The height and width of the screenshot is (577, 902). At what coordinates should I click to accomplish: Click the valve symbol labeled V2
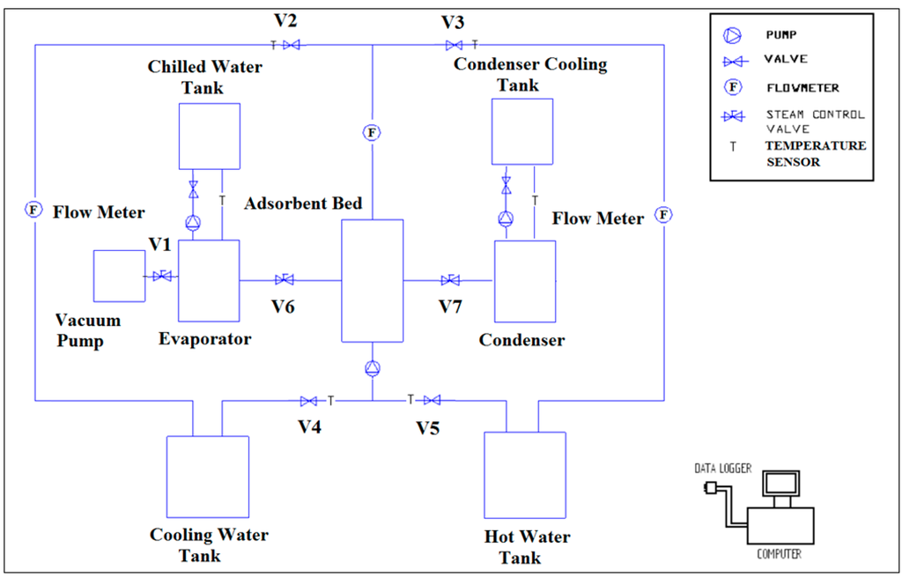(x=291, y=45)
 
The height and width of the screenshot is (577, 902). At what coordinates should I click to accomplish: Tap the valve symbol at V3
(x=454, y=45)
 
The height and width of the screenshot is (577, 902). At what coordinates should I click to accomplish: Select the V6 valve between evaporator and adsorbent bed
(x=285, y=280)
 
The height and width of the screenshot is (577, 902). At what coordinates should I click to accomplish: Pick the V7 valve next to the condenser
(x=450, y=280)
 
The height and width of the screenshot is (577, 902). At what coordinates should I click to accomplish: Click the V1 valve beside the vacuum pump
(x=162, y=277)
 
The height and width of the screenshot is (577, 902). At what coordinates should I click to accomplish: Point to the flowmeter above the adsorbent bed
(x=372, y=133)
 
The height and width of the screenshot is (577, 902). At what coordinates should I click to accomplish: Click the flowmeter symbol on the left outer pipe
(x=33, y=210)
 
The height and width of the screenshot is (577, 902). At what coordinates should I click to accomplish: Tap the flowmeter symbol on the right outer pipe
(x=663, y=214)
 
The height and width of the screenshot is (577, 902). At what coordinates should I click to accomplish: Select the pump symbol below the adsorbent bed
(x=373, y=368)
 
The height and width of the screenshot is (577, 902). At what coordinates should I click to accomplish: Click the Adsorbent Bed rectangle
(x=372, y=280)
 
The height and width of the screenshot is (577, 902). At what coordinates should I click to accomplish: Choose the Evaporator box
(x=209, y=280)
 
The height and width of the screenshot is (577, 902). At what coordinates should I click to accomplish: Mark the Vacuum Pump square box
(x=119, y=276)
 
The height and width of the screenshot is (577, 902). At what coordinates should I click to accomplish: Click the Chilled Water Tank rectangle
(x=209, y=136)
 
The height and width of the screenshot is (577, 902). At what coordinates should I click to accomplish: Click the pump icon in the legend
(x=732, y=36)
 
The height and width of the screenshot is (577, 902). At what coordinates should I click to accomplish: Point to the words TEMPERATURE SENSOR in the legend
(x=815, y=153)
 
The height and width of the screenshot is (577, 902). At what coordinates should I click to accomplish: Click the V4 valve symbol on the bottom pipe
(x=308, y=401)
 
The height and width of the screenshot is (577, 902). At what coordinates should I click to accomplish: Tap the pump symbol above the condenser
(x=506, y=218)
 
